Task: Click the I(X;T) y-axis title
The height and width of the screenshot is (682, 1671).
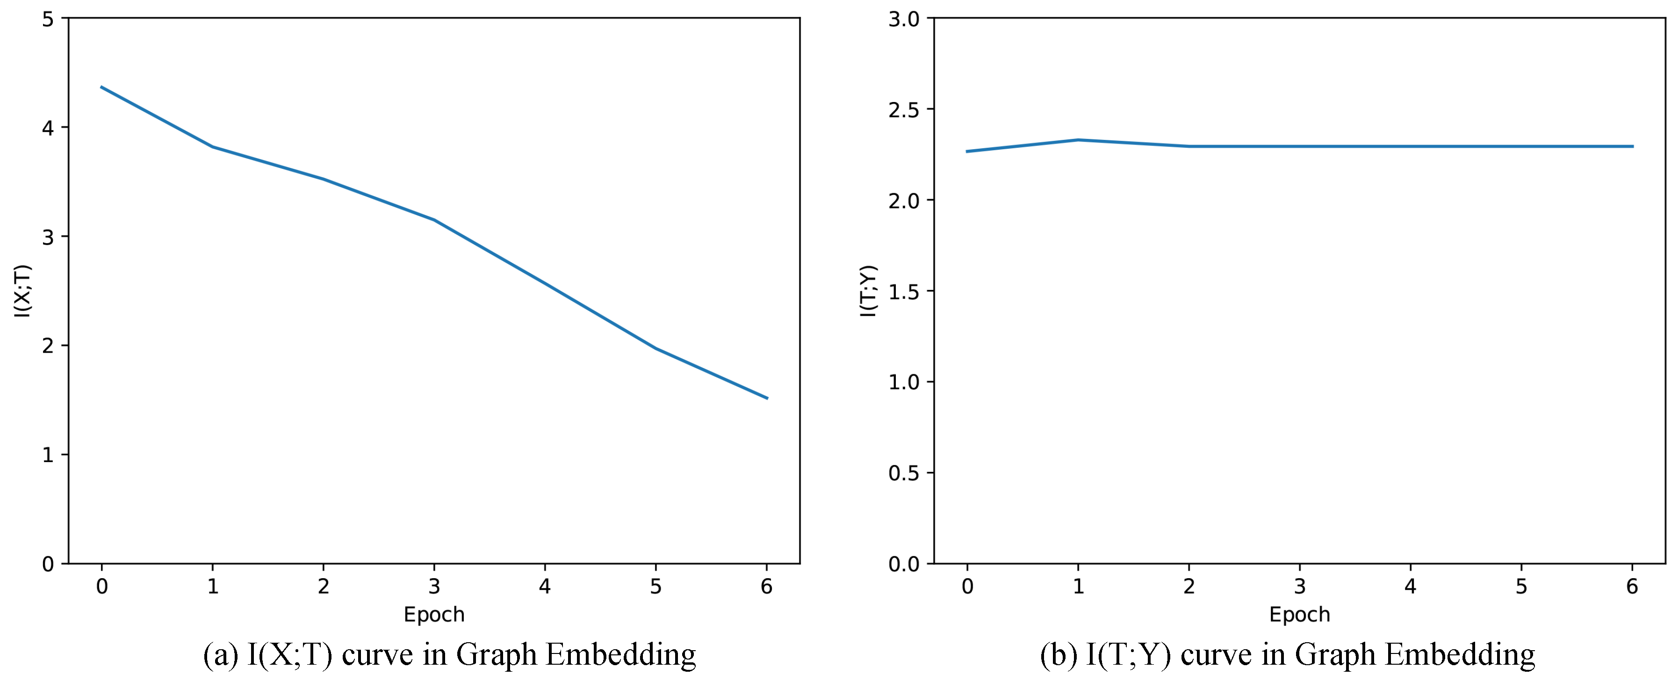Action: click(23, 290)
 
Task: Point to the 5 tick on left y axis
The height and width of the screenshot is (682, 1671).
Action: click(48, 19)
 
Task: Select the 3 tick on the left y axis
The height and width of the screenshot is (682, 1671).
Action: click(48, 237)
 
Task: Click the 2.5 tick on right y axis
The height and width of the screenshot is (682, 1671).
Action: click(904, 109)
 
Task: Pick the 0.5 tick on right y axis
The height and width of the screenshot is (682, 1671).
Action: click(904, 473)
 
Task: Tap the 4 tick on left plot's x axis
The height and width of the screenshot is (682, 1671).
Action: click(545, 587)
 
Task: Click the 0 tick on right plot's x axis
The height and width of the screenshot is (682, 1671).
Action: click(967, 587)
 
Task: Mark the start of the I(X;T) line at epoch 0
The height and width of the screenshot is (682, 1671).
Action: click(102, 87)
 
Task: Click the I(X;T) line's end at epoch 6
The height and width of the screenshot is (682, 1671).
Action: click(767, 398)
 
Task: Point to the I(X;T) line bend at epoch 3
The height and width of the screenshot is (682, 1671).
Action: click(434, 220)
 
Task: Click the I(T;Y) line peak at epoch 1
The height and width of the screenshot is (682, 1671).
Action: click(1078, 139)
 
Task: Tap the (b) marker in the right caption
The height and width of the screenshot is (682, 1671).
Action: click(1059, 654)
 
